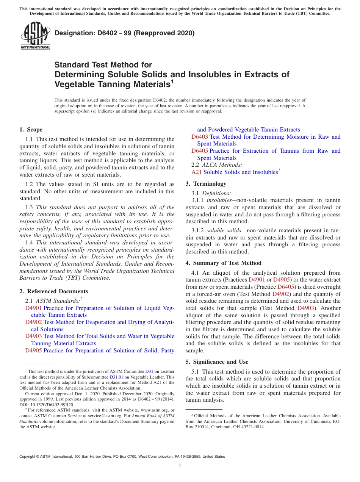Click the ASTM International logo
(35, 36)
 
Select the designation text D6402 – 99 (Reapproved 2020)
(124, 33)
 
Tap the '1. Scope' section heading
(31, 130)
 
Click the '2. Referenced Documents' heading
(54, 291)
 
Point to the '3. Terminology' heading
(206, 184)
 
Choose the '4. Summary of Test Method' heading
(223, 263)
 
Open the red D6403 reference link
(199, 137)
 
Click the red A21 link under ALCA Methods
(196, 172)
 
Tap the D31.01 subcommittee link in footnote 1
(116, 377)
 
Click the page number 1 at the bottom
(180, 465)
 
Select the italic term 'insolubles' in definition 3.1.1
(219, 200)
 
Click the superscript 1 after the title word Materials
(172, 81)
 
